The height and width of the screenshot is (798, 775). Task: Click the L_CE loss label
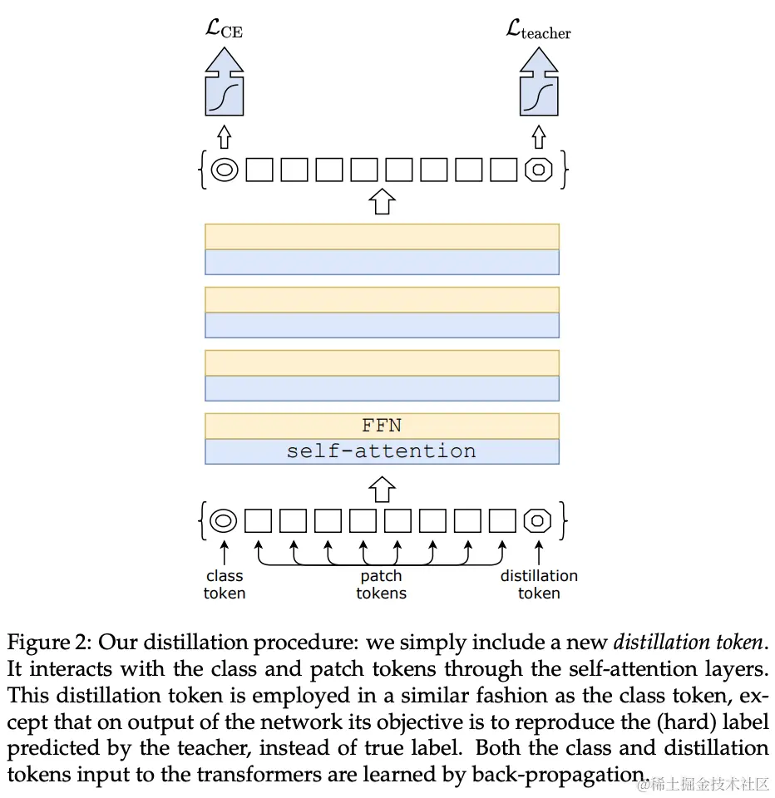click(224, 31)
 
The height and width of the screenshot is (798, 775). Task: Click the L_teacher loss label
click(538, 31)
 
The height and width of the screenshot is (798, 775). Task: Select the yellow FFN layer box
click(382, 426)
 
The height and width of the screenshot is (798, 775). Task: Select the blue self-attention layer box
click(382, 451)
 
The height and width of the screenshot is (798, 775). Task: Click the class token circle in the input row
click(224, 521)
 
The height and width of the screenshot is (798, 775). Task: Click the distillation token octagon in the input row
click(538, 521)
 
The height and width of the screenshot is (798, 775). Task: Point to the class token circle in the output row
click(224, 170)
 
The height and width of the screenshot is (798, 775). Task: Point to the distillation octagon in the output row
click(539, 170)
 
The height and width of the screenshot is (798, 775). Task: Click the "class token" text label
click(225, 584)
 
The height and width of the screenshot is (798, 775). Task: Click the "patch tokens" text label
click(382, 584)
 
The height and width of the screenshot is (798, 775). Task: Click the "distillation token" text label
click(539, 584)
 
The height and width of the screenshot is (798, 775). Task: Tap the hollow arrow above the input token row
click(382, 489)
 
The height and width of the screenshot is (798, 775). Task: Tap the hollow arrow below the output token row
click(382, 201)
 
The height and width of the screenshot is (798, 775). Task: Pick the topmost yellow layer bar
click(382, 237)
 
